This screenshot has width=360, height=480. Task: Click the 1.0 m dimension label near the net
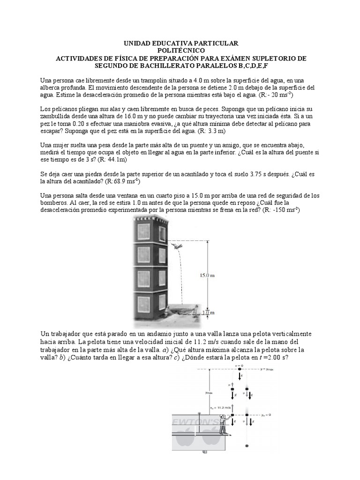click(x=209, y=312)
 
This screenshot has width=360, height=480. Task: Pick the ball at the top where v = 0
click(x=240, y=370)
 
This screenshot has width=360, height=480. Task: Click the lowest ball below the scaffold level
click(x=247, y=446)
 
